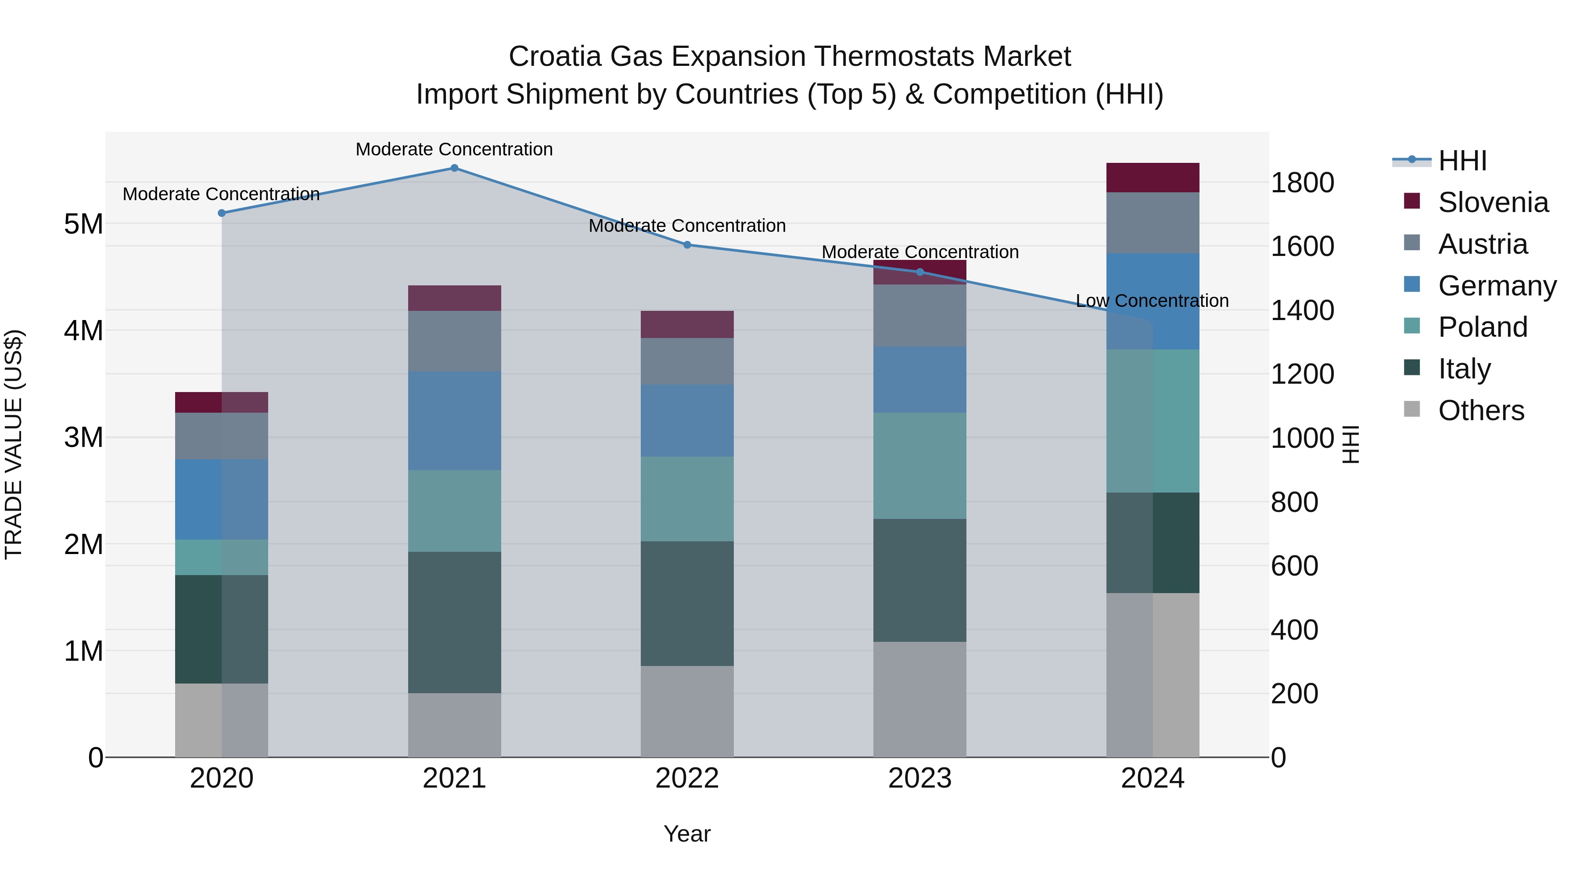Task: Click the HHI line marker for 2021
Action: [x=455, y=168]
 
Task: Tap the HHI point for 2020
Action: [x=222, y=213]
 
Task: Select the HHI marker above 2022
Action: [x=687, y=245]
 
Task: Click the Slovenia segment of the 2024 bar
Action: [x=1153, y=178]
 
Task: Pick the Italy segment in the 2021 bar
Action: [x=455, y=622]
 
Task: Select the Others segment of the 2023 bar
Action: [x=919, y=699]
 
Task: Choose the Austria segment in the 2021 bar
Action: [x=455, y=341]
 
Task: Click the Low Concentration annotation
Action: [x=1152, y=301]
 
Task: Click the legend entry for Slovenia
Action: [x=1493, y=202]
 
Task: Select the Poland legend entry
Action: [x=1483, y=327]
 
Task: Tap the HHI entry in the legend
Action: [x=1462, y=161]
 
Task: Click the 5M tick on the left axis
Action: [x=83, y=224]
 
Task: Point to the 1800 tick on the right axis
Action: [x=1302, y=183]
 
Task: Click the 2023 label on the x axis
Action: [x=919, y=778]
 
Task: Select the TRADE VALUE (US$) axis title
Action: [x=14, y=444]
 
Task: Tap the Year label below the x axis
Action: [x=687, y=834]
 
